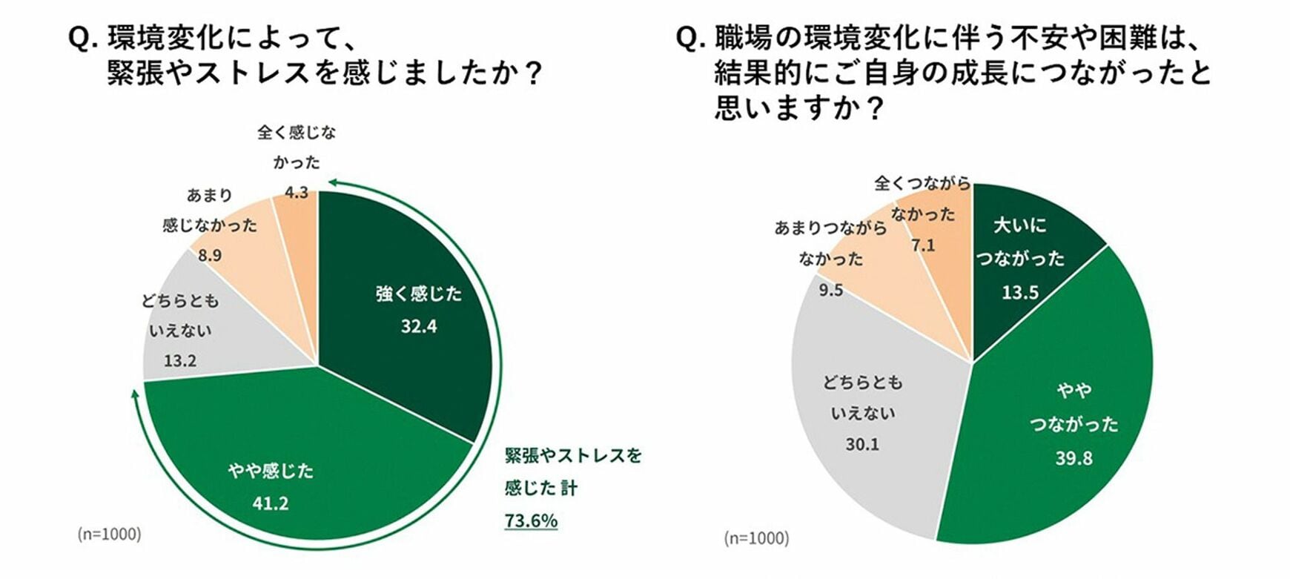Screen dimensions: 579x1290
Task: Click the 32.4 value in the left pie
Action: [x=419, y=327]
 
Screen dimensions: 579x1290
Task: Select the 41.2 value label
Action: [x=270, y=504]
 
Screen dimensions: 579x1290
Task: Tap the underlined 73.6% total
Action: [x=531, y=521]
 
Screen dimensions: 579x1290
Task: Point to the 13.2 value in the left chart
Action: [x=180, y=361]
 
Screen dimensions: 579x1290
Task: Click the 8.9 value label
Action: [x=210, y=256]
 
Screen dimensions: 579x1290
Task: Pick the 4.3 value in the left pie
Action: [x=297, y=193]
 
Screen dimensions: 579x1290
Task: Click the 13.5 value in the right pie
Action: [x=1020, y=293]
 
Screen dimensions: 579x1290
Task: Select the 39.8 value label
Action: [x=1074, y=459]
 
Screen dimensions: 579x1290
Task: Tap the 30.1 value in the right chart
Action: [x=862, y=445]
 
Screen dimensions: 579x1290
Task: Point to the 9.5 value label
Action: [x=831, y=291]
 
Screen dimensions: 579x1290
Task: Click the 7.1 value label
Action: [x=923, y=245]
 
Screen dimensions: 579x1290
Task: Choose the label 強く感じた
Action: [x=419, y=294]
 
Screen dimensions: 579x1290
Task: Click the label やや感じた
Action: [x=271, y=471]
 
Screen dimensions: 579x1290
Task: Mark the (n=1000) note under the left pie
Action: [x=109, y=534]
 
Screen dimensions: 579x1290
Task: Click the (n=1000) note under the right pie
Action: [x=756, y=538]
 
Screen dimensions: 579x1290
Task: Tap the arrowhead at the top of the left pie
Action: [x=333, y=181]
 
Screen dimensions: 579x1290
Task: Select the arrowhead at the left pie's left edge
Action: [x=135, y=392]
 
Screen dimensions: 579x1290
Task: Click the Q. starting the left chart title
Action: [x=82, y=39]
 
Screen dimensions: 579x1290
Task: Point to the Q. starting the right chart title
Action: [x=689, y=39]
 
